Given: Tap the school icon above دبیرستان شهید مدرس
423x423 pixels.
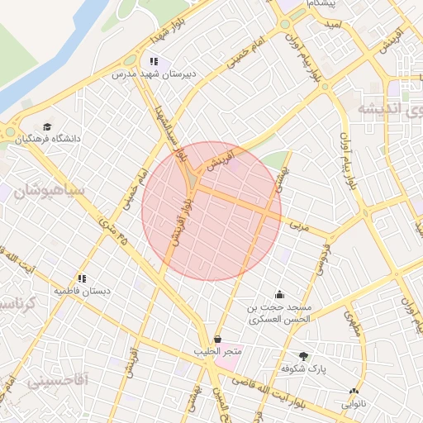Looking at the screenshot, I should (154, 61).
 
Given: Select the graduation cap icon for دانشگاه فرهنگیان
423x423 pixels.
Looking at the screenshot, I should (48, 126).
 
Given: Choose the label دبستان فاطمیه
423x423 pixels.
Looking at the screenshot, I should (82, 291).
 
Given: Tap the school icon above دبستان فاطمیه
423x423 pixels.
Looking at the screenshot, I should (82, 278).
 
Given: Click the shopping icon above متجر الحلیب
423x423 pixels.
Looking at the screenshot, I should (217, 340).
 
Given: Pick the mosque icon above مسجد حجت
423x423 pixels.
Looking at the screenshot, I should (279, 295).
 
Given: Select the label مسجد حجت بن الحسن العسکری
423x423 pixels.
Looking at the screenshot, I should (279, 312).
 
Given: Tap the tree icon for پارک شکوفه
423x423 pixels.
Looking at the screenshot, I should (305, 356).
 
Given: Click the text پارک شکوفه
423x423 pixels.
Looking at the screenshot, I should (303, 368).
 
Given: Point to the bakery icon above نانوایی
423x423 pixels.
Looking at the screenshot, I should (354, 392).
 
